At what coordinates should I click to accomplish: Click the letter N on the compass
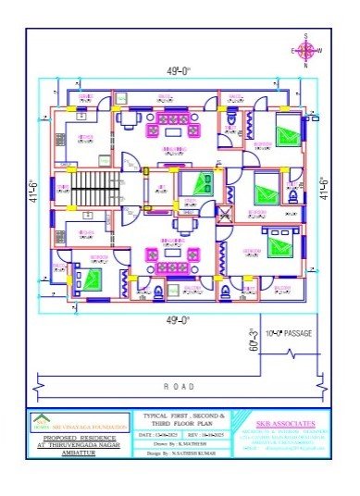click(x=305, y=66)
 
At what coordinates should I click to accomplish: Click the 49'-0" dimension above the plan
click(x=180, y=71)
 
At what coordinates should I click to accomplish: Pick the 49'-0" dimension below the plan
click(x=180, y=319)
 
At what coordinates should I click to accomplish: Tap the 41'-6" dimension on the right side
click(x=324, y=190)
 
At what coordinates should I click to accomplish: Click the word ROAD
click(x=179, y=386)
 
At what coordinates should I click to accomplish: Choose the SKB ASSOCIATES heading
click(x=283, y=422)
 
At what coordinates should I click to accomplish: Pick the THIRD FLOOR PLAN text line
click(x=179, y=425)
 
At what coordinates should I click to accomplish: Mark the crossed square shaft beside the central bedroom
click(x=224, y=213)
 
